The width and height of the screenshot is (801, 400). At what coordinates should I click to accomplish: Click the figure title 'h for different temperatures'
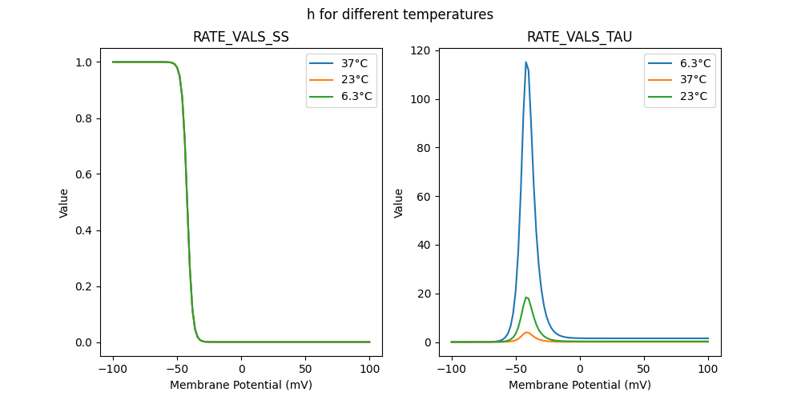coord(400,14)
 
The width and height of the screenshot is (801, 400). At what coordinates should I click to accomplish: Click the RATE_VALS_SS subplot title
coord(241,38)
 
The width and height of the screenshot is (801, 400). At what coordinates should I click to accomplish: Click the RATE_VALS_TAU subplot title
coord(579,38)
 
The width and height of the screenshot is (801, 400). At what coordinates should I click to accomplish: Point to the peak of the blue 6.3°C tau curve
coord(525,62)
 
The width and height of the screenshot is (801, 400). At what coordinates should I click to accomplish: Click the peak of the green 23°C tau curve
coord(525,298)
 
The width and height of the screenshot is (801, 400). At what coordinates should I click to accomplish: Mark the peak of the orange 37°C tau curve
coord(526,332)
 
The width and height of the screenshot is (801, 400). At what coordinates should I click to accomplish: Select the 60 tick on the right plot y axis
coord(430,197)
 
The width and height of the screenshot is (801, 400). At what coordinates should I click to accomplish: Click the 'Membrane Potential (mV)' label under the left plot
coord(241,385)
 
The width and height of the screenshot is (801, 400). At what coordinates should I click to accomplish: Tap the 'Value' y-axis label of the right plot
coord(398,202)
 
